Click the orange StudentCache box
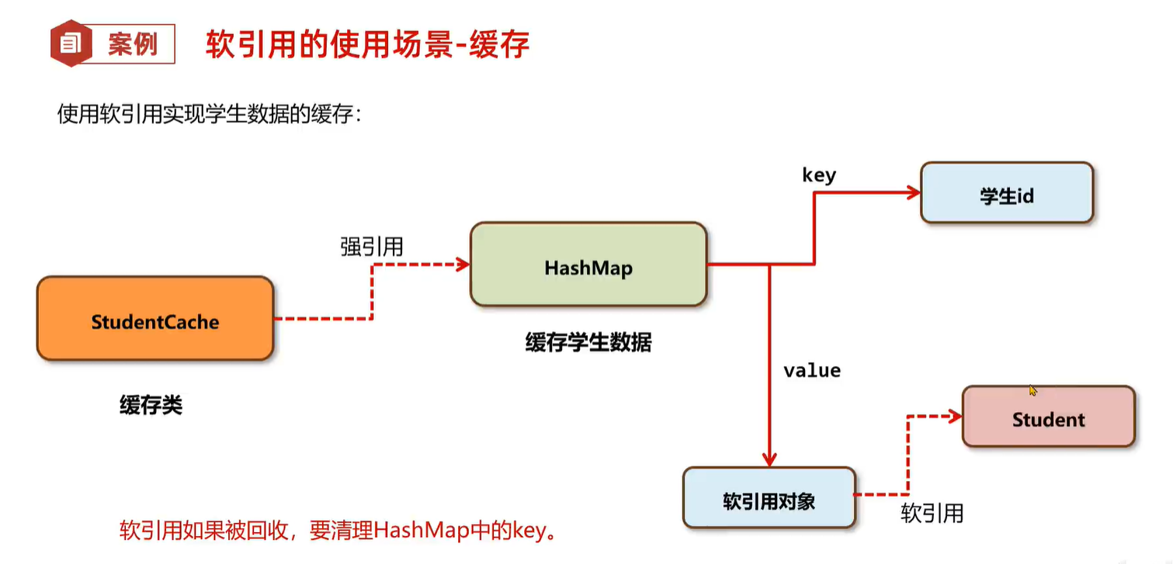tap(155, 320)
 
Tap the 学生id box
tap(1006, 194)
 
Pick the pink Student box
tap(1048, 417)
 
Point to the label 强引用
tap(372, 247)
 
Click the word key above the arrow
tap(819, 175)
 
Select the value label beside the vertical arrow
tap(812, 370)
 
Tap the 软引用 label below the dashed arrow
tap(932, 513)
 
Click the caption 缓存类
tap(151, 404)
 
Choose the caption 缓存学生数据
tap(588, 341)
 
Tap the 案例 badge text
tap(132, 44)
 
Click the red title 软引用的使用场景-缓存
tap(367, 45)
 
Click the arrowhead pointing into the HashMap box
tap(463, 264)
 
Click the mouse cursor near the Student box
tap(1033, 391)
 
